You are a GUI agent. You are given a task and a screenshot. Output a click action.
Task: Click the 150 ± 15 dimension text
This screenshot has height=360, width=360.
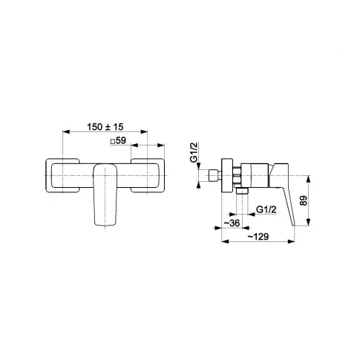tap(105, 127)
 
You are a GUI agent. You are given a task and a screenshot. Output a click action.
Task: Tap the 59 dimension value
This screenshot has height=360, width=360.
tap(121, 140)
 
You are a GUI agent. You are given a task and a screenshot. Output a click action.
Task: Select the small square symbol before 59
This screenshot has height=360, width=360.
tap(113, 142)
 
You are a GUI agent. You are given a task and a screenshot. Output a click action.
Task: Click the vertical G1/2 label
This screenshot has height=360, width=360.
tap(194, 152)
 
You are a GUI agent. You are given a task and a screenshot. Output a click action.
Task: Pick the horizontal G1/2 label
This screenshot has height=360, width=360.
tap(266, 209)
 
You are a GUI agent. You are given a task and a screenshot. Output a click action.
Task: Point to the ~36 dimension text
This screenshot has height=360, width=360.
tap(232, 223)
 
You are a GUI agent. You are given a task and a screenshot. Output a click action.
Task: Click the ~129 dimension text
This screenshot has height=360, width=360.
tap(258, 237)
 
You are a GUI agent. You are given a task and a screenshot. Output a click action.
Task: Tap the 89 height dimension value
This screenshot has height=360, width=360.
tap(304, 200)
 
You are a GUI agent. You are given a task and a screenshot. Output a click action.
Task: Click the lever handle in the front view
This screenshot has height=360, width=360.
tap(105, 194)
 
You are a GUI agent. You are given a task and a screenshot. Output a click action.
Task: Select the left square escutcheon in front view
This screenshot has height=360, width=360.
tap(62, 175)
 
